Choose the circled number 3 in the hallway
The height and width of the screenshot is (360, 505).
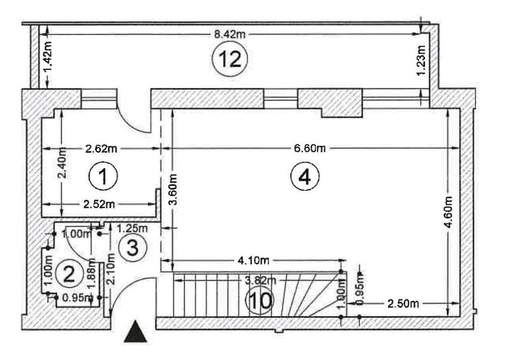click(x=132, y=248)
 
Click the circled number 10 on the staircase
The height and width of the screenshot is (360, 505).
click(x=260, y=301)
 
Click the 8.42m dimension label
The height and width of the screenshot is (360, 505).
click(x=229, y=34)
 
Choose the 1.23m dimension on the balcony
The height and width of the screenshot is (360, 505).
click(x=421, y=61)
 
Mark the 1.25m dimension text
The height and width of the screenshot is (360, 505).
click(x=132, y=228)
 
